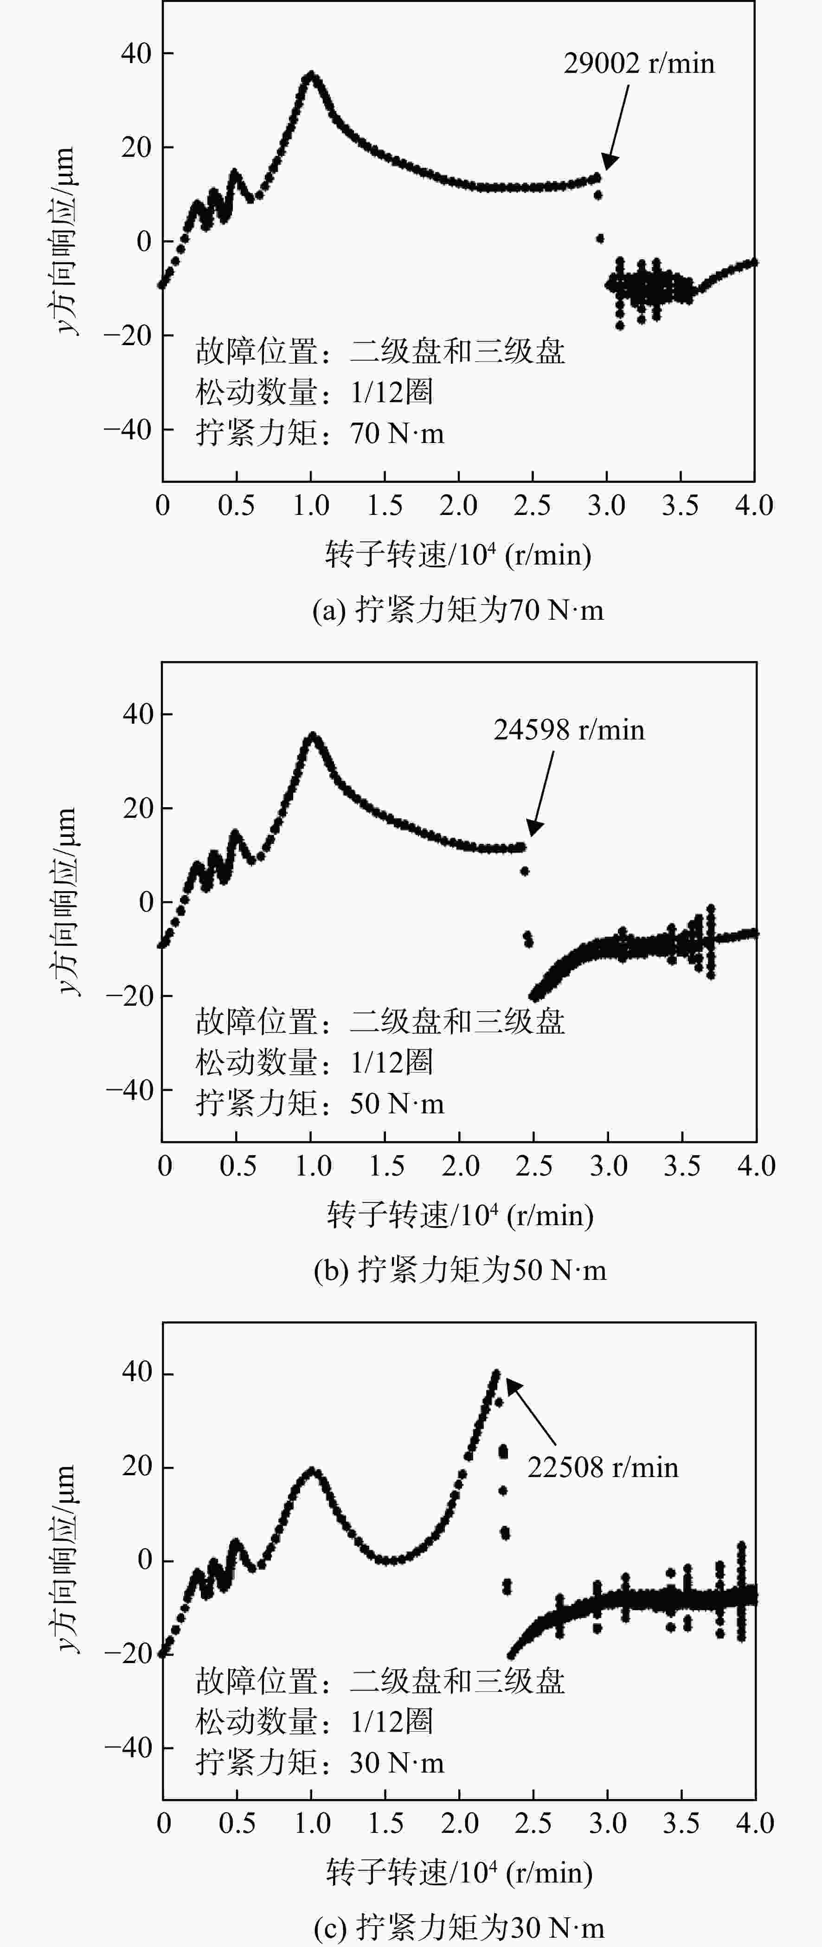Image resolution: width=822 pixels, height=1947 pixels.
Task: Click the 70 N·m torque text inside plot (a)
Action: (397, 434)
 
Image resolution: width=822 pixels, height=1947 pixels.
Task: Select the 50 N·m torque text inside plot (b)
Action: (397, 1104)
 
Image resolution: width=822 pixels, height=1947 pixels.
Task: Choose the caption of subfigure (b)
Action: (459, 1270)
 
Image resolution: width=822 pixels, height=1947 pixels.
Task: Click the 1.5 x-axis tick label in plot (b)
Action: (386, 1166)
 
